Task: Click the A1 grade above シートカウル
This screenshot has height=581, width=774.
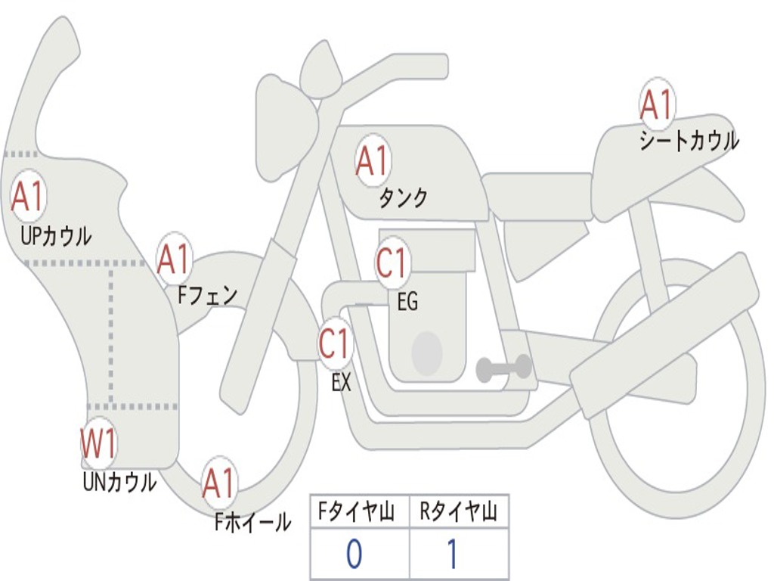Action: point(656,105)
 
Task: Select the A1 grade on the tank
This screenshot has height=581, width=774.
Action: point(372,161)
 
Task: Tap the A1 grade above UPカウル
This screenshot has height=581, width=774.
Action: point(29,197)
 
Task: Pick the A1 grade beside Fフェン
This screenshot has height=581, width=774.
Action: point(175,259)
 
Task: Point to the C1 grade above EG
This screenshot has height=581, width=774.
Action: point(392,264)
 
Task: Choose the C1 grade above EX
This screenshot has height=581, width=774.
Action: point(335,344)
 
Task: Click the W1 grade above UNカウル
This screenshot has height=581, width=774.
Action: point(99,445)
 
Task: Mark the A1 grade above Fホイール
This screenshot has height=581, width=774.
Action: point(219,484)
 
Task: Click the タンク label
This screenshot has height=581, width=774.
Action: point(403,198)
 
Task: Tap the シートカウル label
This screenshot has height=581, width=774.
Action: point(689,141)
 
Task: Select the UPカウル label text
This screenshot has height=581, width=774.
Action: point(56,236)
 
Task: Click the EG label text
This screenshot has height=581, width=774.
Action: point(407,303)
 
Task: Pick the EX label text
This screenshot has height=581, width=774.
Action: point(342,383)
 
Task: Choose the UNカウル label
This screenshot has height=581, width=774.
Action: point(119,482)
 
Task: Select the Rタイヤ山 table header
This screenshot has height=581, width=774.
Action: point(459,514)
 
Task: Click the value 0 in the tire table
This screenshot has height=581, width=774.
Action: point(354,555)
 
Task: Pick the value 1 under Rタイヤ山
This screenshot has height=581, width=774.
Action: point(452,555)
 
